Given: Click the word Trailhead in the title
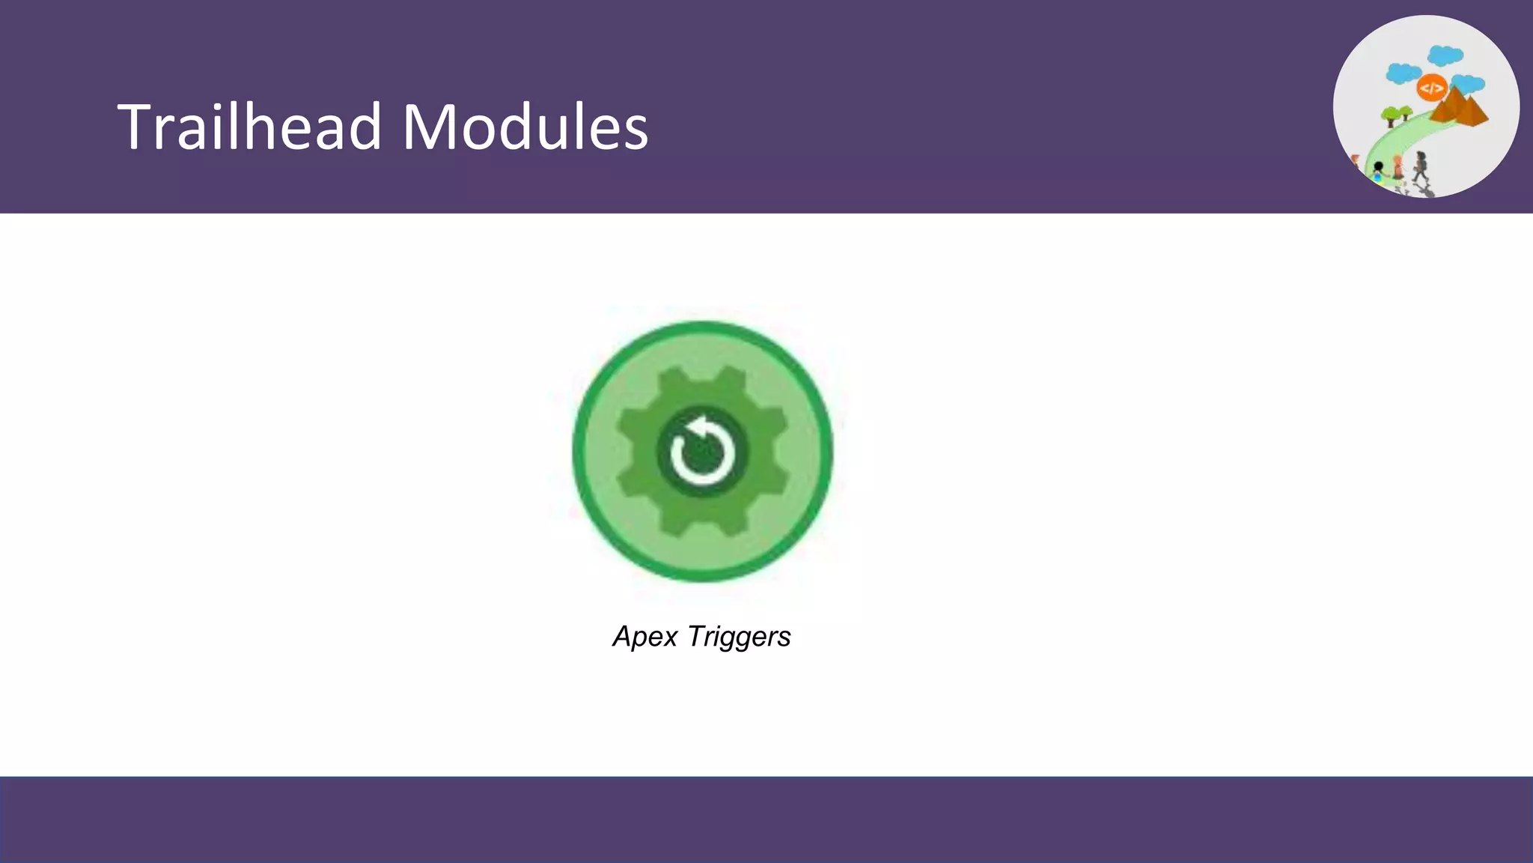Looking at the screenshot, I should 249,127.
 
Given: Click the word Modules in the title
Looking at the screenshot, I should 525,127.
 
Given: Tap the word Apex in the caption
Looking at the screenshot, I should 645,637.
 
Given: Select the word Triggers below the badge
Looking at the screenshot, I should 739,638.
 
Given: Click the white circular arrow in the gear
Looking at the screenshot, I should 702,452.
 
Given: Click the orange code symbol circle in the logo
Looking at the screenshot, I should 1431,88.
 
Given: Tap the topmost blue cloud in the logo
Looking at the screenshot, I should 1445,55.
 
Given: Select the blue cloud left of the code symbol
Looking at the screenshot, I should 1403,73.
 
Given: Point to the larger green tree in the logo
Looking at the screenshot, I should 1391,115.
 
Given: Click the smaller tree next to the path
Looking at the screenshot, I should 1406,112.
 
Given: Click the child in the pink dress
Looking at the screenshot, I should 1398,166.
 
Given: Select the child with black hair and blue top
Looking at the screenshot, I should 1379,171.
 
